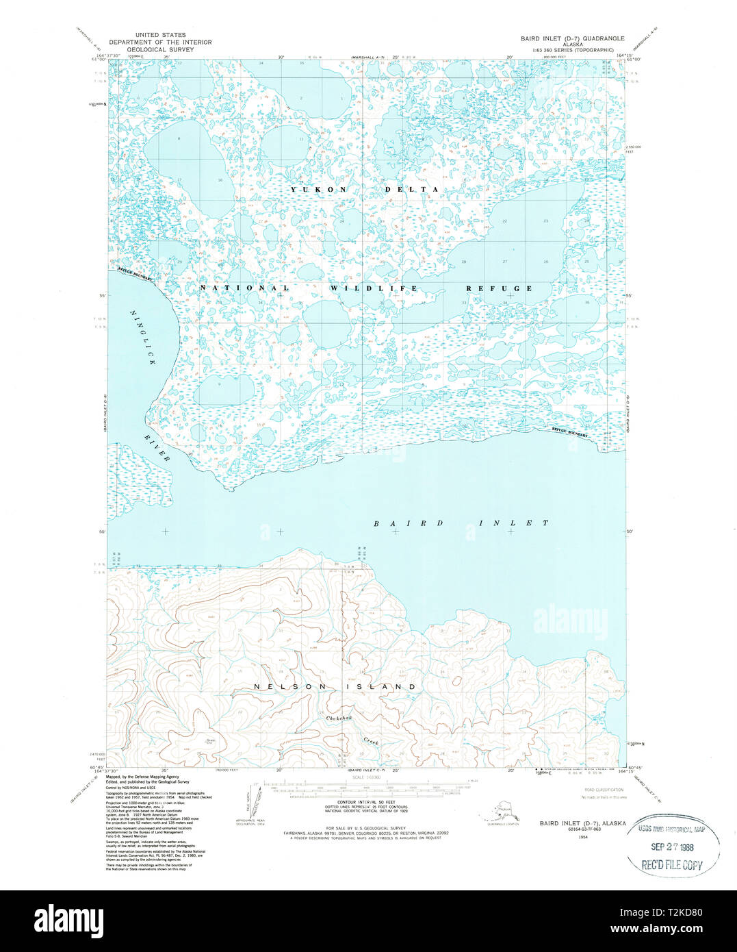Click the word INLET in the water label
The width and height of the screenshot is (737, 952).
507,523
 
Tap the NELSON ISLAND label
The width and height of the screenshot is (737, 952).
335,687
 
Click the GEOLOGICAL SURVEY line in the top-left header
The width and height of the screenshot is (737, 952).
160,50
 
